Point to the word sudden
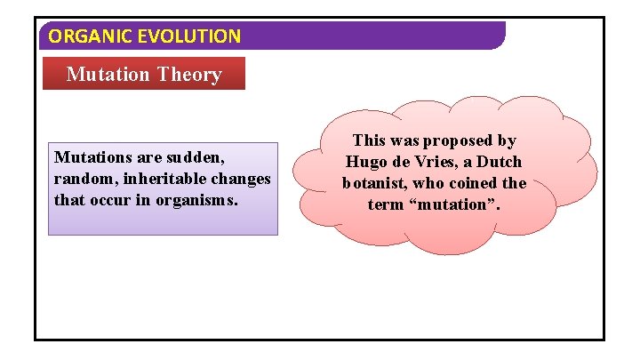point(194,157)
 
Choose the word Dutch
point(499,162)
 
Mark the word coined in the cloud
point(468,184)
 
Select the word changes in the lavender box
point(241,179)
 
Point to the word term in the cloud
point(385,205)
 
